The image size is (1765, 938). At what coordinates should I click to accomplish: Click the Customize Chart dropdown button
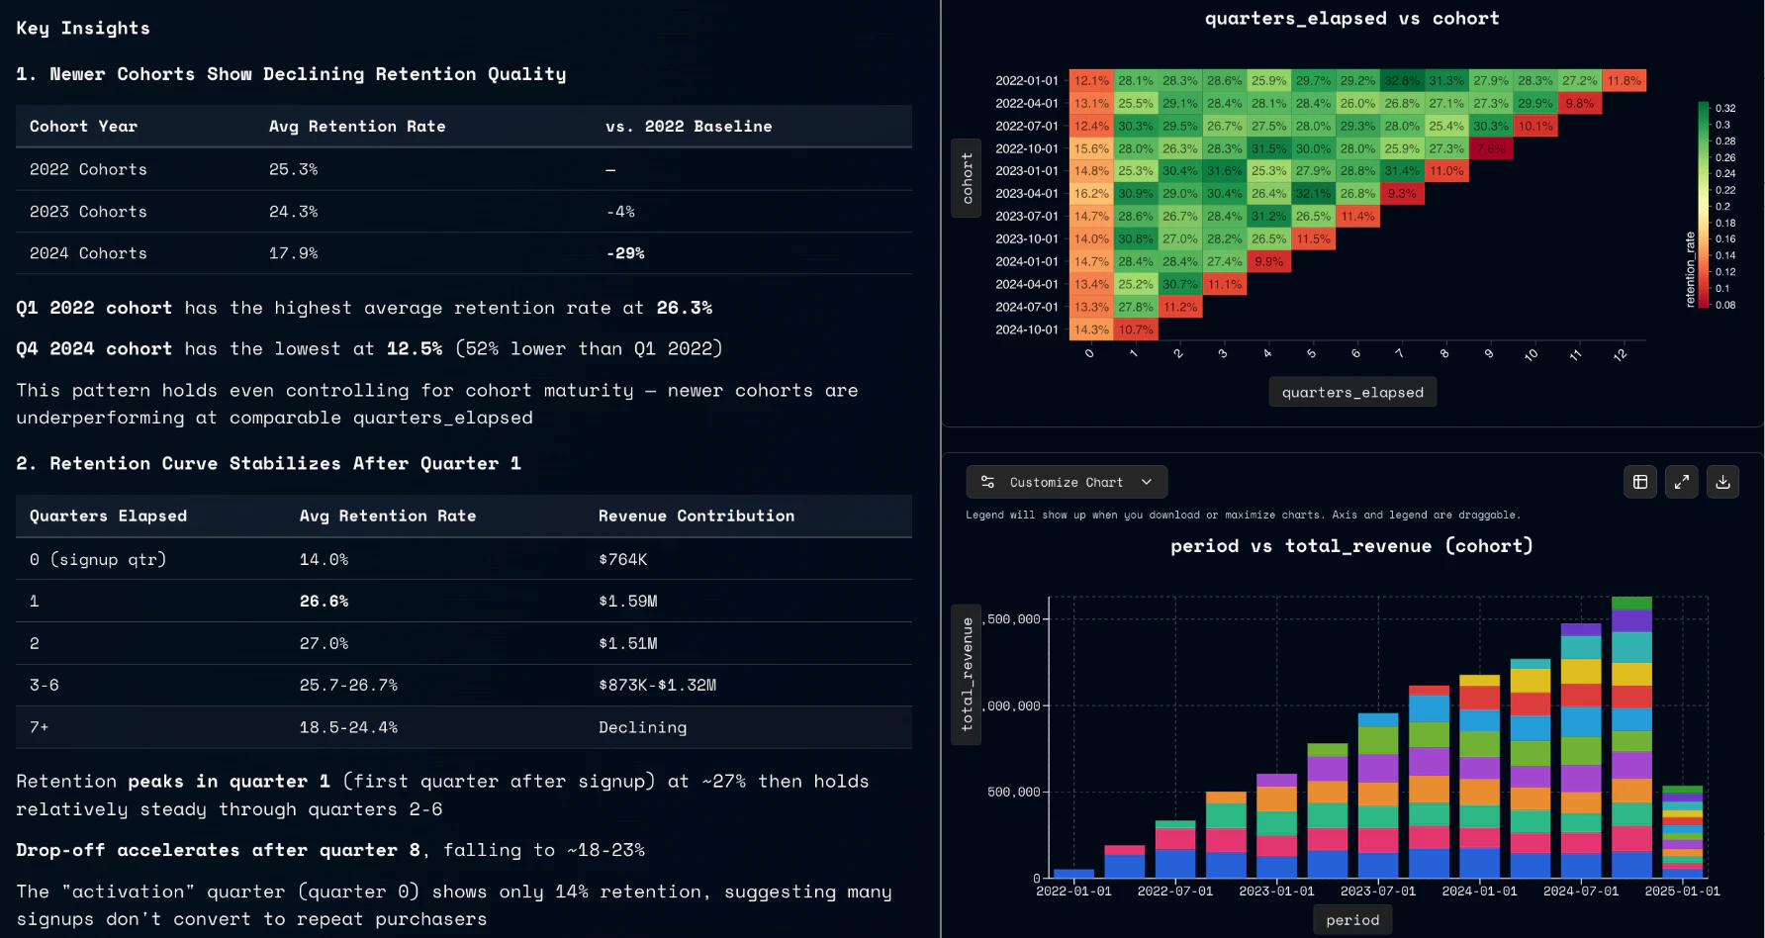coord(1067,482)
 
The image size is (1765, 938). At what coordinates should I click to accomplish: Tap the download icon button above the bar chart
coord(1722,482)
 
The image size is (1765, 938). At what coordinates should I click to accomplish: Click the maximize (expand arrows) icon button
coord(1681,482)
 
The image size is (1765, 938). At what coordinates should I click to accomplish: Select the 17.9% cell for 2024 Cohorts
coord(293,253)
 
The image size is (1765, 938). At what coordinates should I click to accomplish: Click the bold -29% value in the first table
coord(625,253)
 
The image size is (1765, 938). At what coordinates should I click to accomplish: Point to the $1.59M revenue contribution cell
coord(627,601)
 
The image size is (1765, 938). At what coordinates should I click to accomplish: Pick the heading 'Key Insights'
coord(83,28)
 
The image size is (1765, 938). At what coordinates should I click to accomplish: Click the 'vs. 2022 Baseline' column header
coord(689,127)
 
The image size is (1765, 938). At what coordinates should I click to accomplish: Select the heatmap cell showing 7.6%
coord(1490,148)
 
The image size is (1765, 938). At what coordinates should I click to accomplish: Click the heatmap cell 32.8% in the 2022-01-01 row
coord(1402,81)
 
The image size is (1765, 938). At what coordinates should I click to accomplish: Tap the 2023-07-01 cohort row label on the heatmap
coord(1026,216)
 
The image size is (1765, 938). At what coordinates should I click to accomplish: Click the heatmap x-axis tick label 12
coord(1620,355)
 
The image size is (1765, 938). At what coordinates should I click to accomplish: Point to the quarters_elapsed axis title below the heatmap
coord(1352,392)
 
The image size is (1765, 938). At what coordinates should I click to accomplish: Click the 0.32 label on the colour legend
coord(1725,108)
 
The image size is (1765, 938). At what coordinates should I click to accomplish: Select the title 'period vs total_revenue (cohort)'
coord(1351,546)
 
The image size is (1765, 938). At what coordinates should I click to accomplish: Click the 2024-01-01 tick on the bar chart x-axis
coord(1479,891)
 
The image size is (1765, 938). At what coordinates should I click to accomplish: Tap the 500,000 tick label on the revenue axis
coord(1013,792)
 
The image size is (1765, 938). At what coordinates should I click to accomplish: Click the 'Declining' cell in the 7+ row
coord(642,727)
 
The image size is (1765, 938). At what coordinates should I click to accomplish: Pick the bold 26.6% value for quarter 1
coord(324,601)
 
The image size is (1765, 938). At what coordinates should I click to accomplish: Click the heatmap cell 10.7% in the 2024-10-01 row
coord(1136,329)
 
